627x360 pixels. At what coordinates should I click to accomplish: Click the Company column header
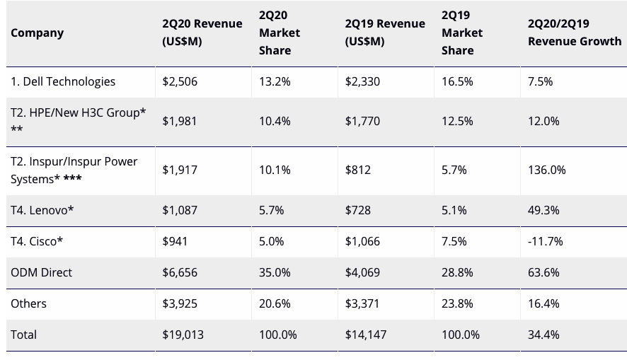click(37, 33)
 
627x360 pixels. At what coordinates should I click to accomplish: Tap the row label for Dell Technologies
click(63, 81)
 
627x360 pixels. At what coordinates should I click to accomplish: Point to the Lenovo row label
click(42, 210)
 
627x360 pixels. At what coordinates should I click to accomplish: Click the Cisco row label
click(37, 241)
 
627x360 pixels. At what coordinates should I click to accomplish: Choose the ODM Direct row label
click(41, 272)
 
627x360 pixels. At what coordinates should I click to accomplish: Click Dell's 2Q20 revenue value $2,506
click(180, 81)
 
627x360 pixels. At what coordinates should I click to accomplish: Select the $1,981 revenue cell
click(179, 121)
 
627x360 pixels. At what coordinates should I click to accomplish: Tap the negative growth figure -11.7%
click(546, 241)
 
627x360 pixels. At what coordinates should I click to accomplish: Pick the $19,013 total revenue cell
click(183, 335)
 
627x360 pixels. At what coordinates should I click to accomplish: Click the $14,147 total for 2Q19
click(365, 335)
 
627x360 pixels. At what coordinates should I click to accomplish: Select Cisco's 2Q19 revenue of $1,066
click(362, 241)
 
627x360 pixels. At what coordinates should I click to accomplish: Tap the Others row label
click(28, 303)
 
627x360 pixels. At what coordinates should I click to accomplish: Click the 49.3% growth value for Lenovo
click(543, 210)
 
